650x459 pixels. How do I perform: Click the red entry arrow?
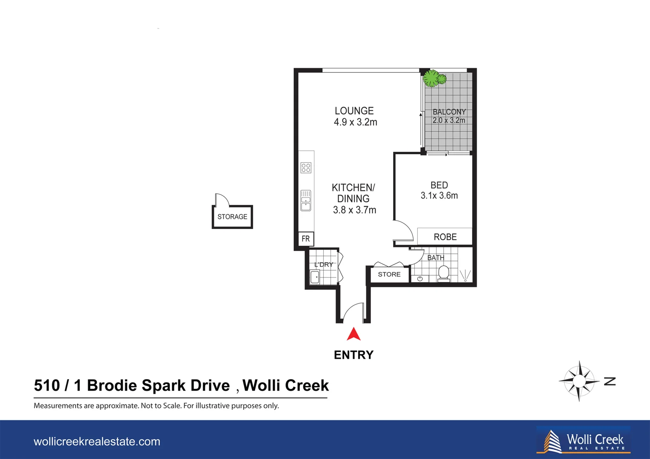(354, 334)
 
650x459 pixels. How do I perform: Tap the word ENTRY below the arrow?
(354, 355)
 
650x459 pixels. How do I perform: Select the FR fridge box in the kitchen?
(306, 239)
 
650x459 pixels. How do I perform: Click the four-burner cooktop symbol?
(306, 167)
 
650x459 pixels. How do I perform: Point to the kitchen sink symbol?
(306, 201)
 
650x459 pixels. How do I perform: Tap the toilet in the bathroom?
(444, 273)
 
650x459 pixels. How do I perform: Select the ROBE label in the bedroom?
(445, 237)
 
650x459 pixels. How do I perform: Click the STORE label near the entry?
(389, 275)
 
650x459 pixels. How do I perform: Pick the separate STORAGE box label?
(232, 217)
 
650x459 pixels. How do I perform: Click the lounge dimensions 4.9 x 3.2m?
(355, 122)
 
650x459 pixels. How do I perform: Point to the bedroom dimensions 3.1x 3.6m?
(439, 196)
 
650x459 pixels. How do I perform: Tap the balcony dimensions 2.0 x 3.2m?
(449, 120)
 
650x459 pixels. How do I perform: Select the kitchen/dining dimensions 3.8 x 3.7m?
(354, 210)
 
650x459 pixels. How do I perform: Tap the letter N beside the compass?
(610, 381)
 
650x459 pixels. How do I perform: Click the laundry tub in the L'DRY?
(315, 278)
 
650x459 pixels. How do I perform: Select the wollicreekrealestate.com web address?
(97, 442)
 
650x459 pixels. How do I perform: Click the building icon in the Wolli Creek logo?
(552, 442)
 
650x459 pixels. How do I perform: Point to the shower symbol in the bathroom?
(465, 275)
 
